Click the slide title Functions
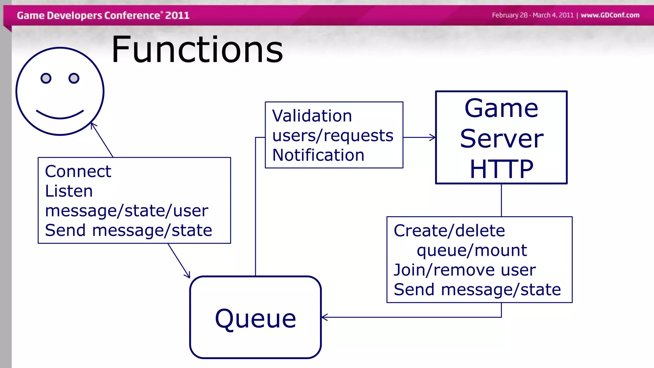pos(197,50)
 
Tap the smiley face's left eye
pos(46,78)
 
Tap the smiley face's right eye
pos(74,78)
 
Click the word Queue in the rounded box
pos(255,318)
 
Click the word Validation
pos(312,116)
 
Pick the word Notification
pos(318,155)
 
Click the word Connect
pos(78,171)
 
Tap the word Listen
pos(69,191)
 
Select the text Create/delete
pos(449,231)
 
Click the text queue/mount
pos(472,250)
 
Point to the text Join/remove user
pos(465,270)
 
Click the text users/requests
pos(333,135)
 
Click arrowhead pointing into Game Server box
pos(433,137)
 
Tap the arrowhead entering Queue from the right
pos(324,317)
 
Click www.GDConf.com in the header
pos(610,15)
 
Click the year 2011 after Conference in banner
pos(177,15)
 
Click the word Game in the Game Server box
pos(501,108)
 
